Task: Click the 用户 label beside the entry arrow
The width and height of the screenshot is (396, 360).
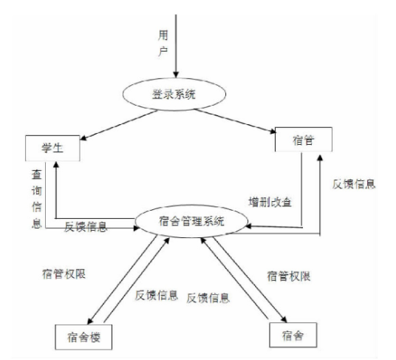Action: (x=163, y=43)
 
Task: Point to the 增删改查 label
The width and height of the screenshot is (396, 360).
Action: (x=270, y=202)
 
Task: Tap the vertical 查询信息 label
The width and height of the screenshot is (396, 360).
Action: (x=37, y=199)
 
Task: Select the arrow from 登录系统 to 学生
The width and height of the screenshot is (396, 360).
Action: (x=119, y=125)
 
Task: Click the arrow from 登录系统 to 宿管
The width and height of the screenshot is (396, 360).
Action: (x=236, y=120)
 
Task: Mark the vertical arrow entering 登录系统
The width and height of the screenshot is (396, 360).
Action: (x=176, y=46)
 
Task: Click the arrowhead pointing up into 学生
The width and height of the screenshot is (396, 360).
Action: (x=56, y=164)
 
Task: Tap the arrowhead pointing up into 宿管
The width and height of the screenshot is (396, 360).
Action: (x=320, y=158)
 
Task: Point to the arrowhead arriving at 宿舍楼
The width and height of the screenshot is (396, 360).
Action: (x=90, y=321)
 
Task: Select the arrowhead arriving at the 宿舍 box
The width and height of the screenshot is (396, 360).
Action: (x=284, y=319)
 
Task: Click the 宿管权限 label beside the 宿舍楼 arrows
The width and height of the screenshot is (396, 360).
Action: (x=64, y=274)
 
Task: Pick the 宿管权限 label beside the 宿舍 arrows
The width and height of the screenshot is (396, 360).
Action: (x=289, y=276)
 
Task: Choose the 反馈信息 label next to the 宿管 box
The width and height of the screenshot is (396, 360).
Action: (x=354, y=184)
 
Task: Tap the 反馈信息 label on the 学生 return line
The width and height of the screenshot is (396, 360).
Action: (x=86, y=227)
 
